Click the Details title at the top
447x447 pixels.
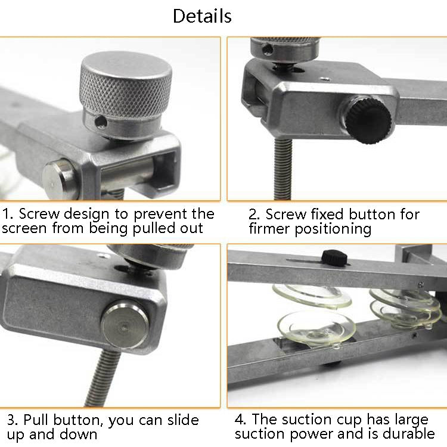pyautogui.click(x=202, y=16)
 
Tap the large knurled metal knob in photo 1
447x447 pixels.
pyautogui.click(x=126, y=87)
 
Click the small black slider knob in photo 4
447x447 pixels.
pyautogui.click(x=334, y=257)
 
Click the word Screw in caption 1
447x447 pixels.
pyautogui.click(x=39, y=214)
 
